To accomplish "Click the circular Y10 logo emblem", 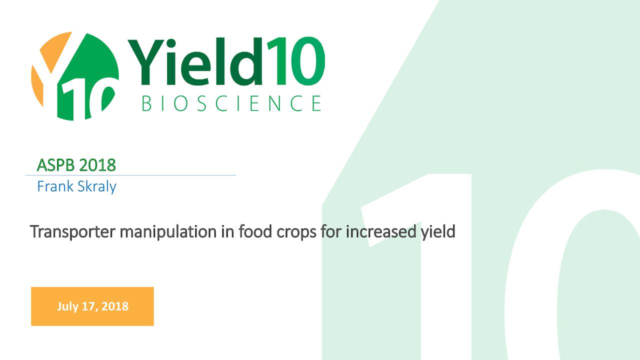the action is pos(75,76).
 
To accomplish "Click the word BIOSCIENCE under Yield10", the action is pos(231,103).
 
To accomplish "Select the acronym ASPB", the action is pos(55,165).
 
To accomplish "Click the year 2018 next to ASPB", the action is pos(97,165).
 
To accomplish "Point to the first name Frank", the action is pos(55,186).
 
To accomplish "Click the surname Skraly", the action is pos(97,187).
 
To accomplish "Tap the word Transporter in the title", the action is pos(72,231).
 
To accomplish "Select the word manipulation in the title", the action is pos(168,232).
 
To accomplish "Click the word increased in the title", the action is pos(381,231).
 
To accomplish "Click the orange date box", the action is pos(92,306).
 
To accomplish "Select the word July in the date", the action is pos(67,306).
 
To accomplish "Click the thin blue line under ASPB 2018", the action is pos(130,175).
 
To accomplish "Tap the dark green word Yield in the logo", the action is pos(195,61).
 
